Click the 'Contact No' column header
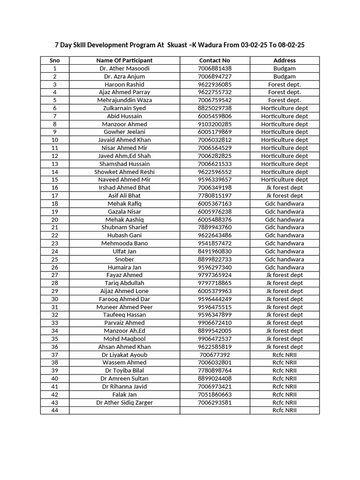tap(215, 60)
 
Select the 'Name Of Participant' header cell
tap(124, 60)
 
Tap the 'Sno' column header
tap(55, 60)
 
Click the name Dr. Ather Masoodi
tap(124, 68)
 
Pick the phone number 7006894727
tap(215, 76)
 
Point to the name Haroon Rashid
tap(124, 84)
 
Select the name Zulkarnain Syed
tap(124, 108)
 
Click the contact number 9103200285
tap(215, 124)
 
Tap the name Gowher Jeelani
tap(124, 132)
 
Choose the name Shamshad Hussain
tap(124, 164)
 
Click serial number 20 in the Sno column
tap(55, 219)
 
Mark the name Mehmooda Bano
tap(124, 243)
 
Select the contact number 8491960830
tap(215, 251)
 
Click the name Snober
tap(124, 259)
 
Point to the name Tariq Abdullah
tap(124, 283)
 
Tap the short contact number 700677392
tap(215, 355)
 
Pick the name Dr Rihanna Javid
tap(124, 386)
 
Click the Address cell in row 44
tap(285, 410)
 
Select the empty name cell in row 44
tap(124, 410)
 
